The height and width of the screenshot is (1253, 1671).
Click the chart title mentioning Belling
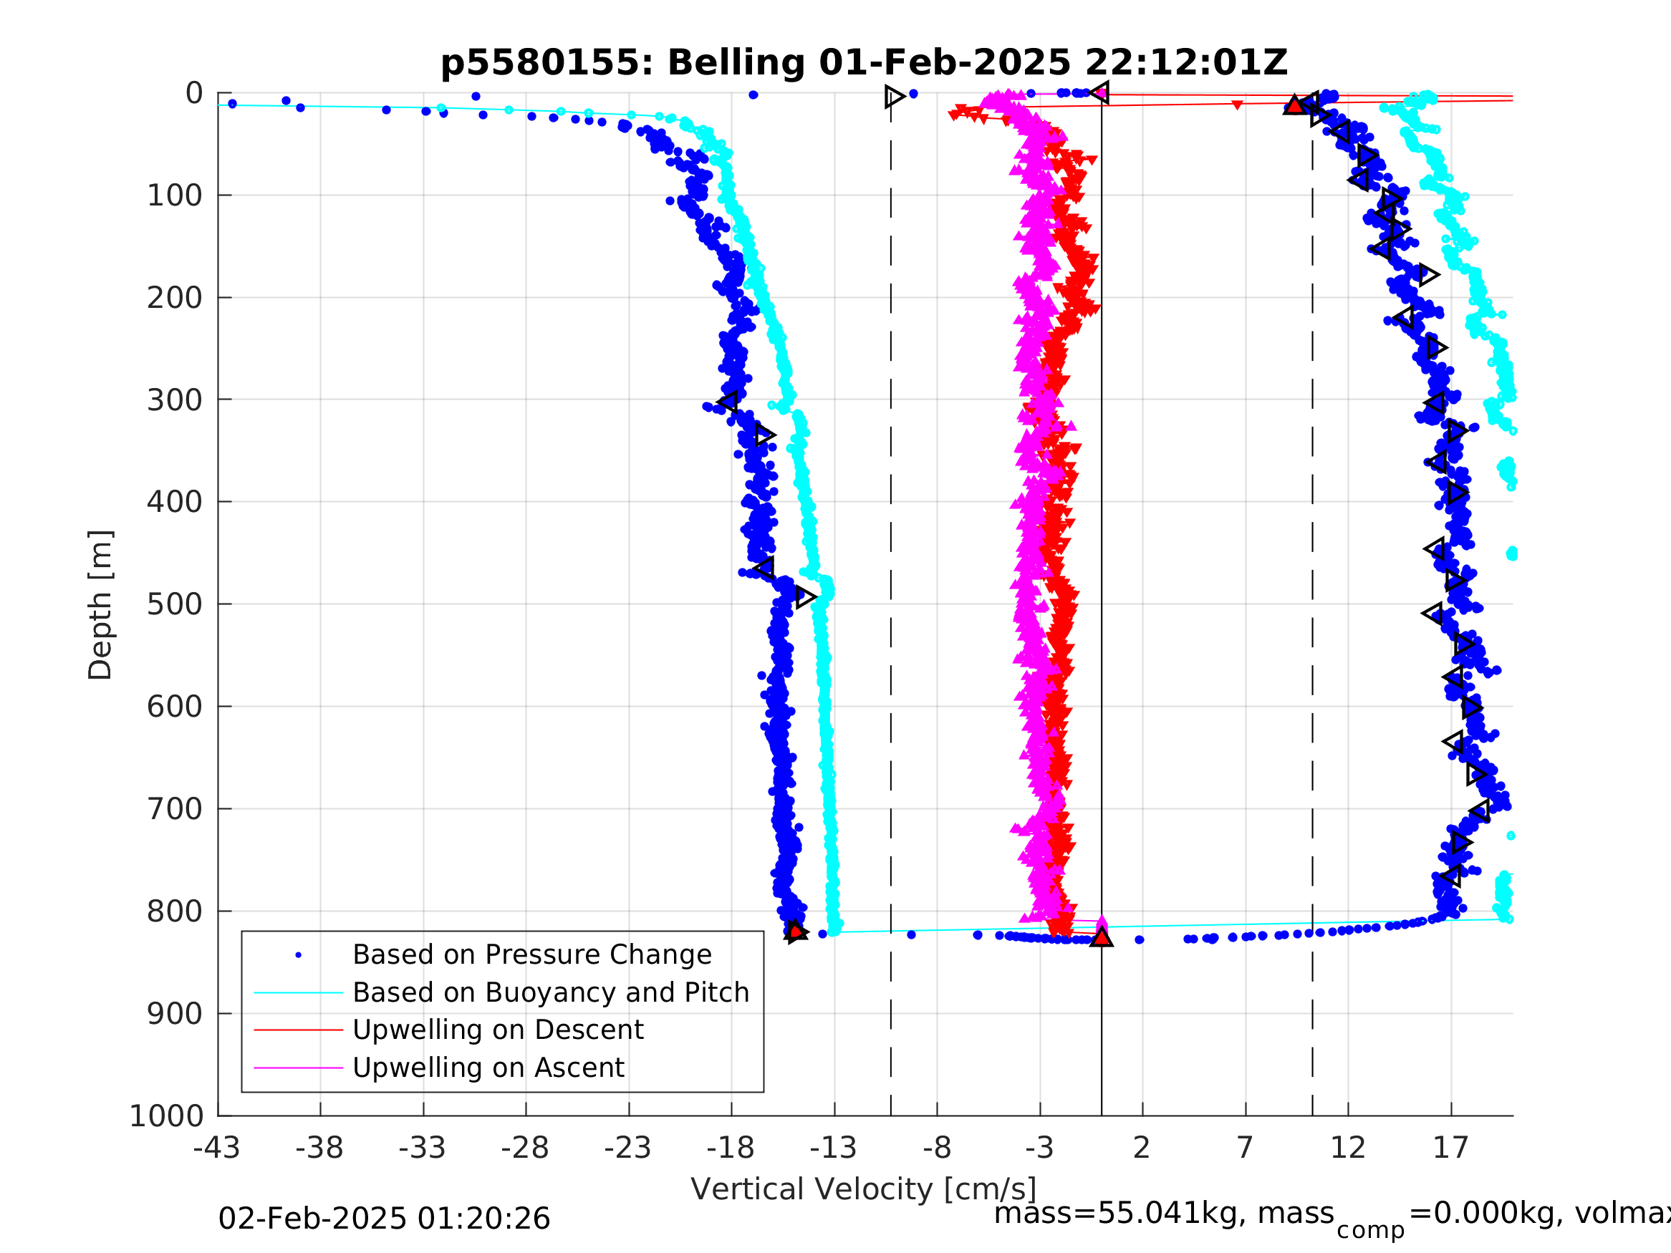(x=864, y=63)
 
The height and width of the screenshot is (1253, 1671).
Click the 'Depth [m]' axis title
(x=100, y=605)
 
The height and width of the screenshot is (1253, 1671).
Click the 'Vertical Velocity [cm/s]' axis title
(x=864, y=1189)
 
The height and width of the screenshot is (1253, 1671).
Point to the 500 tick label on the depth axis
(x=175, y=605)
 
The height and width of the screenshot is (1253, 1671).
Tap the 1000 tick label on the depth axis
(x=166, y=1116)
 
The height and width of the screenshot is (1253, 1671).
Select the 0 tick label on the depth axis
(x=194, y=94)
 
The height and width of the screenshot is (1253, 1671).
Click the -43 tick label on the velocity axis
(x=217, y=1148)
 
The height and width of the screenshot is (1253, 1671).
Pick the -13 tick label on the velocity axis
(x=833, y=1148)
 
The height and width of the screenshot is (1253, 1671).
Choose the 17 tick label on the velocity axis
(x=1450, y=1148)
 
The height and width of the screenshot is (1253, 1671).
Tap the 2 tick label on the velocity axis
(x=1142, y=1148)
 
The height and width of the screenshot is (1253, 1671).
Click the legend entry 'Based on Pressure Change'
(x=532, y=954)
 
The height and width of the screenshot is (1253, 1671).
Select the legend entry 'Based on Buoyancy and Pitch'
(x=551, y=992)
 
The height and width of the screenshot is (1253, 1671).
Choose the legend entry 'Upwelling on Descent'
(x=498, y=1030)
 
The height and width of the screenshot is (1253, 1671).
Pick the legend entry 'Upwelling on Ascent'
(x=488, y=1068)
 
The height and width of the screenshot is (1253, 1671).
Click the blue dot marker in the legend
(x=299, y=955)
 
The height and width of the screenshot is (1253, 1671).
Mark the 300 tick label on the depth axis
(x=175, y=400)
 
